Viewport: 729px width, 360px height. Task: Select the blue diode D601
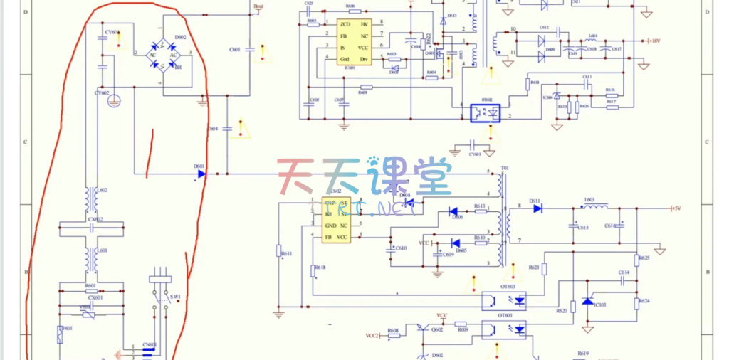(x=201, y=173)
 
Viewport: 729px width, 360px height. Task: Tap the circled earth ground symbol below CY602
(x=112, y=101)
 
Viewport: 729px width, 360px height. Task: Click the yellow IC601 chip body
(x=354, y=42)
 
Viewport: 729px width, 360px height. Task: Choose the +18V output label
(x=654, y=41)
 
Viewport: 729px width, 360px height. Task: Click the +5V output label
(x=676, y=208)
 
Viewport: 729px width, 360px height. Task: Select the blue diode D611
(x=537, y=208)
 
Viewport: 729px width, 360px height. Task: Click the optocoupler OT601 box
(x=508, y=329)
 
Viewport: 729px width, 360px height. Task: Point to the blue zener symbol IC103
(x=588, y=302)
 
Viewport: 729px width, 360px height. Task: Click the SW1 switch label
(x=174, y=297)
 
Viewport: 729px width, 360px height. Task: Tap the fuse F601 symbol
(x=61, y=333)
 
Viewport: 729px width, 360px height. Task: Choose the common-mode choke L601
(x=92, y=259)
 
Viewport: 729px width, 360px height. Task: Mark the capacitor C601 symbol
(x=250, y=50)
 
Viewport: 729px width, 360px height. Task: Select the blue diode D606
(x=453, y=211)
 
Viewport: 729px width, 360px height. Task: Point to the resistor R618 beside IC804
(x=528, y=85)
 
